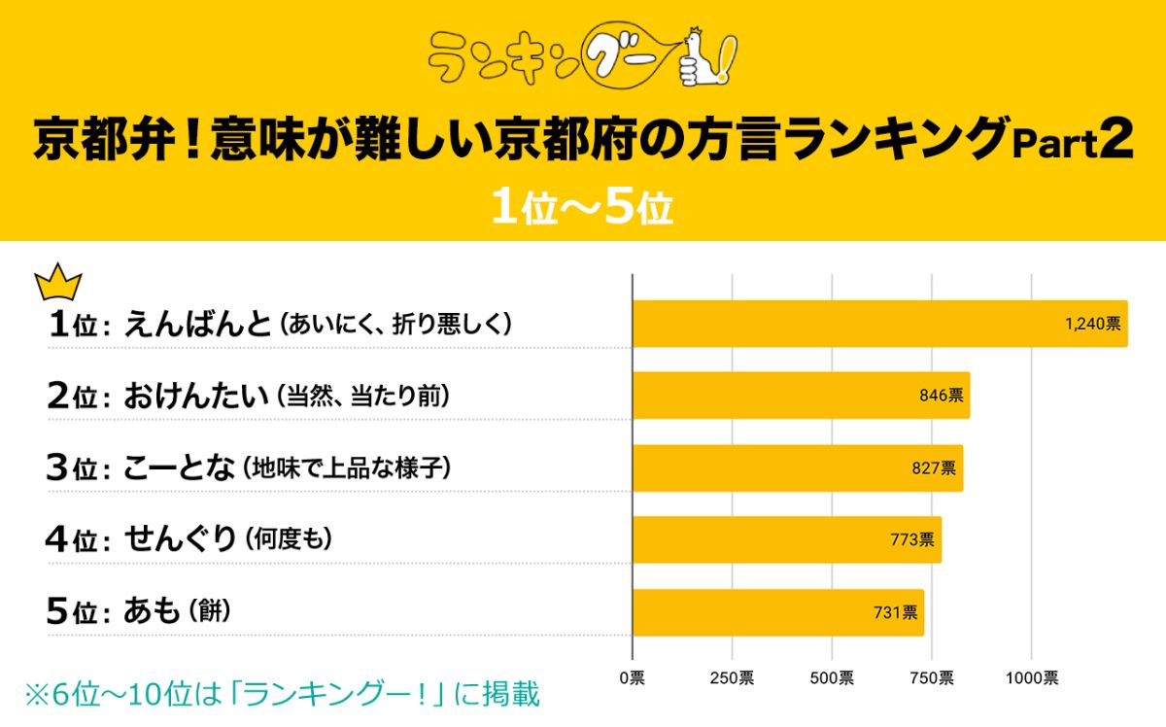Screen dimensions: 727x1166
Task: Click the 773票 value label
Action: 911,539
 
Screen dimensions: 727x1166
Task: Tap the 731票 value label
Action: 894,612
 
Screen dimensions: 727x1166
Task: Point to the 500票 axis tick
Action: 832,677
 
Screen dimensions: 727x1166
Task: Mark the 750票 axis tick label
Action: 932,677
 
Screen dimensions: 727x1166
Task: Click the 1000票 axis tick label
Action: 1032,677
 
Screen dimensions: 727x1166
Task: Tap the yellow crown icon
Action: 58,283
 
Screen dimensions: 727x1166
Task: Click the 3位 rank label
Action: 73,468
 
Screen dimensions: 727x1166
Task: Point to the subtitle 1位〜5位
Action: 582,208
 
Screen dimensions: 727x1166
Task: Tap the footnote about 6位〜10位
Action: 282,695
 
